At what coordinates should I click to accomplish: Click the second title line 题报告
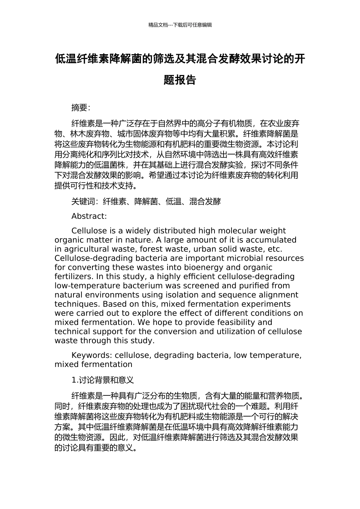[x=180, y=80]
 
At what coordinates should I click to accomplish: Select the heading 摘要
[x=81, y=108]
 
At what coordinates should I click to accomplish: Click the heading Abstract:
[x=89, y=216]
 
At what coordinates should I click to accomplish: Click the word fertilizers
[x=73, y=276]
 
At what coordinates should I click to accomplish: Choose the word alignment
[x=275, y=295]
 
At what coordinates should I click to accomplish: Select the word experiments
[x=265, y=304]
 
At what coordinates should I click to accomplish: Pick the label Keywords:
[x=92, y=355]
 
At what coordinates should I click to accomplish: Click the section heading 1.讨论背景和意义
[x=102, y=380]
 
